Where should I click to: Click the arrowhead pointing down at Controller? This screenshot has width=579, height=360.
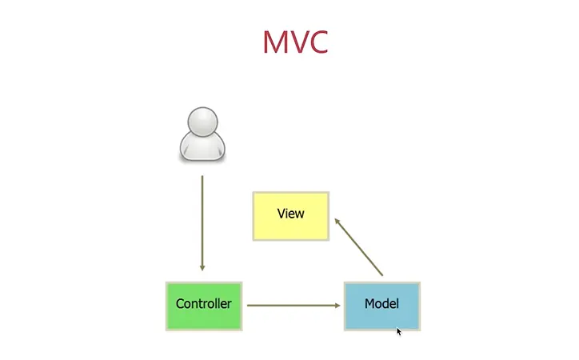coord(202,267)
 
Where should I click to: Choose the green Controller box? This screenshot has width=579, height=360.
coord(203,305)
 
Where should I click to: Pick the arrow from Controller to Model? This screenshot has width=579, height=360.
coord(292,305)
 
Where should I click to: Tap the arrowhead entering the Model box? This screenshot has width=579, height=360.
coord(337,305)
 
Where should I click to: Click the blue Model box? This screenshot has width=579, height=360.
coord(381,305)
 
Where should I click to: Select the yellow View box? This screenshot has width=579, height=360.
coord(290,215)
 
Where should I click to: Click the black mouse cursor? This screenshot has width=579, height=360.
coord(399,330)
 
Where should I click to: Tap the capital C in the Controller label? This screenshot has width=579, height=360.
coord(180,304)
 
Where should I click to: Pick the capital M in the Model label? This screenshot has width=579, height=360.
coord(369,304)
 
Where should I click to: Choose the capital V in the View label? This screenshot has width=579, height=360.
coord(281,214)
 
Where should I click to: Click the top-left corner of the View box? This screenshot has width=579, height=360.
coord(254,193)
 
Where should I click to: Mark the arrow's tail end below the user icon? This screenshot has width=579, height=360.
coord(202,177)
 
